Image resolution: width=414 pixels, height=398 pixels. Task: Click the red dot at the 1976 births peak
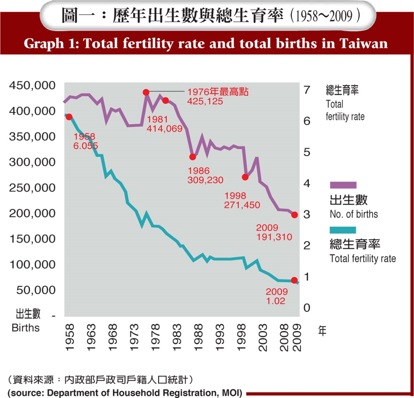coord(146,92)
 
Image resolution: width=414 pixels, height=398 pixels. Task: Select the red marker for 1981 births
coord(166,101)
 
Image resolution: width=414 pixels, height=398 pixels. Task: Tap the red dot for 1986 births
coord(193,157)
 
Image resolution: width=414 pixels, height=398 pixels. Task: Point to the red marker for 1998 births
coord(245,177)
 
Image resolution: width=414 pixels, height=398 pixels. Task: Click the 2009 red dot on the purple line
coord(294,215)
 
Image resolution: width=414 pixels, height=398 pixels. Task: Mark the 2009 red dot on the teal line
coord(294,280)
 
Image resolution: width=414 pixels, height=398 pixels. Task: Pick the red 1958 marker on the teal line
coord(69,117)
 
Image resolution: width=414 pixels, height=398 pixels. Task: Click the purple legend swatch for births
coord(343,185)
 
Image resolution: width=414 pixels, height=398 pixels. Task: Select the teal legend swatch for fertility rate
coord(343,230)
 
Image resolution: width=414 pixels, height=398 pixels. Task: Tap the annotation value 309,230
coord(205,180)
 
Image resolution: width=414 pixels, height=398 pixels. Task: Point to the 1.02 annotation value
coord(276,301)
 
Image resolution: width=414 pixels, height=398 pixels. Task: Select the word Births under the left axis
coord(26,328)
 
